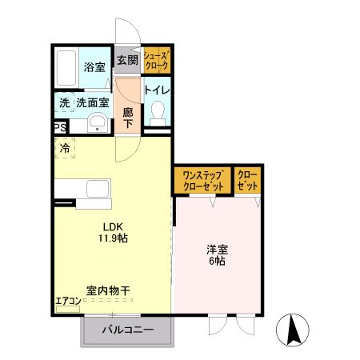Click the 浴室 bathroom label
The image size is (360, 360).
(x=94, y=68)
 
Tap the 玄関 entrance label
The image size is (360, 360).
(x=126, y=60)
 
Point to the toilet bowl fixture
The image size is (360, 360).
(x=157, y=112)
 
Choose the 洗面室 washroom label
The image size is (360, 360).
(x=91, y=102)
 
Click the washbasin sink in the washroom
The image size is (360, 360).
(x=98, y=123)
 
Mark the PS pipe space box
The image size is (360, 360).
(x=60, y=127)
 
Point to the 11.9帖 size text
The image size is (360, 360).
(x=114, y=238)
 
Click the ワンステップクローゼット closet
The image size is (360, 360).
(x=202, y=180)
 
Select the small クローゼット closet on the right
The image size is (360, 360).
(x=248, y=180)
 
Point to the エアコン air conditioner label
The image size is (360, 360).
(x=68, y=302)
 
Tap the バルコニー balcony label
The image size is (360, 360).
(x=126, y=330)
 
